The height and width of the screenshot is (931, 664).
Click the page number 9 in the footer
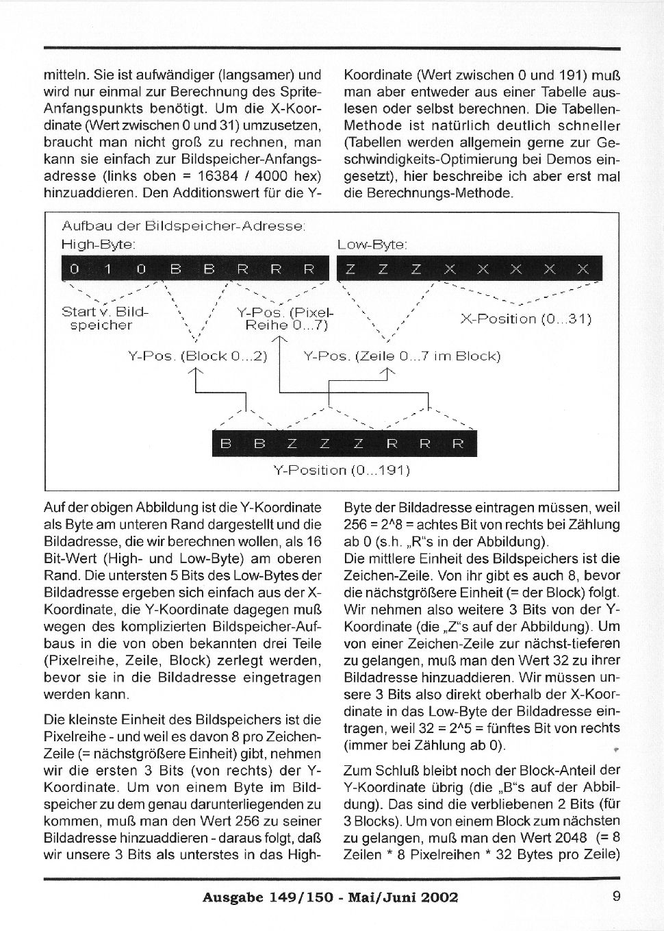[x=616, y=895]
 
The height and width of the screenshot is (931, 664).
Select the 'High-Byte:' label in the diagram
[x=98, y=244]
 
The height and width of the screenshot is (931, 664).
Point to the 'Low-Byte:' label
[x=372, y=244]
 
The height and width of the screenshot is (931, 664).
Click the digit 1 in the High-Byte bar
[x=107, y=269]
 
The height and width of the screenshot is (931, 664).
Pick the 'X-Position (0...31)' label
[x=526, y=319]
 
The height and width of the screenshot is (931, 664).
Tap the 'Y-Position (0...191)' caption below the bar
[x=341, y=470]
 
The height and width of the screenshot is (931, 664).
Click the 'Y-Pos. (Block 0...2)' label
[x=197, y=356]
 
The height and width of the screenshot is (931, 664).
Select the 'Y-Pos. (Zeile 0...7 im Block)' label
[x=402, y=356]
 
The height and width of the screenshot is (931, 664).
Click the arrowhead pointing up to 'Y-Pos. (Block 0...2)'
[x=197, y=372]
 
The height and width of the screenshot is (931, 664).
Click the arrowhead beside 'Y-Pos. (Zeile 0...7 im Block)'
[x=388, y=372]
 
